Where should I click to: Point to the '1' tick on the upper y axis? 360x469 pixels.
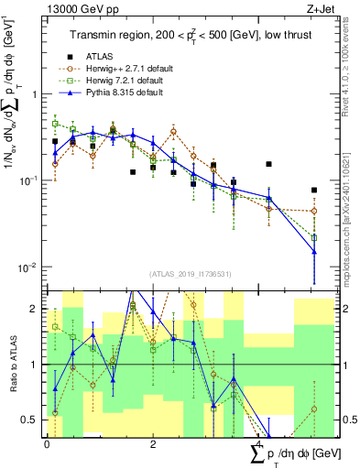click(x=35, y=94)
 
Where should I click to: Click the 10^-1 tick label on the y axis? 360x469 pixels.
click(x=29, y=180)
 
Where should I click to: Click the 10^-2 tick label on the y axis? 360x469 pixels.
click(x=29, y=267)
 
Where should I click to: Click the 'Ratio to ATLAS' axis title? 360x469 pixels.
click(x=11, y=364)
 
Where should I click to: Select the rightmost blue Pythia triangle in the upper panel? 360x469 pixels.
click(x=314, y=252)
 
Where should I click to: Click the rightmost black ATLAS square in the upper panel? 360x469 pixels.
click(x=314, y=191)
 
